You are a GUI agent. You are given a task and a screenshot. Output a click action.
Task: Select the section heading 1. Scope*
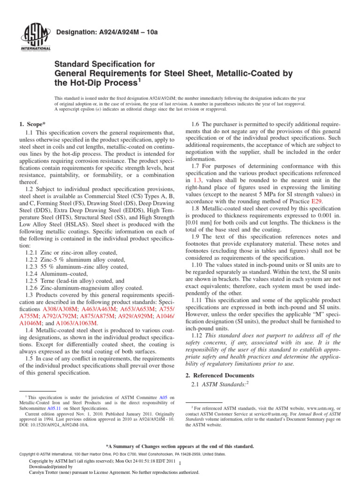[32, 124]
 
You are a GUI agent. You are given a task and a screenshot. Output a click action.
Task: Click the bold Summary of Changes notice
[180, 446]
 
